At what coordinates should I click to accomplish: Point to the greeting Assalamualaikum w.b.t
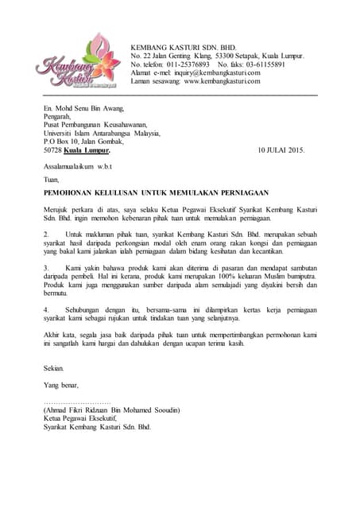(x=79, y=165)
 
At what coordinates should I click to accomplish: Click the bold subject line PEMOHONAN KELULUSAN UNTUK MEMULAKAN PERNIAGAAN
(x=156, y=192)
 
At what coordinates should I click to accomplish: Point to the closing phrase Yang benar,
(x=63, y=385)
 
